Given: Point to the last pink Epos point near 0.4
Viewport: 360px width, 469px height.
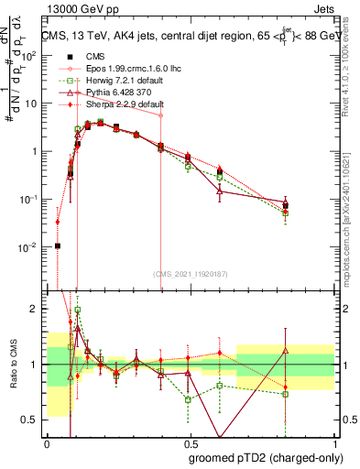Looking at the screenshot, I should coord(161,115).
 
